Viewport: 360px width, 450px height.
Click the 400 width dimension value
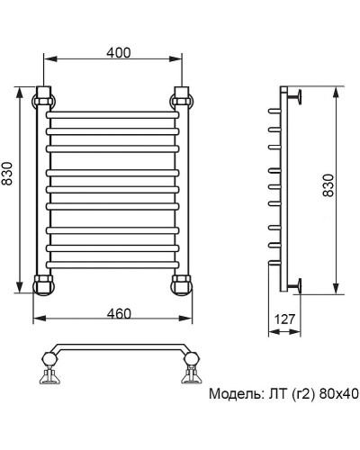(x=114, y=52)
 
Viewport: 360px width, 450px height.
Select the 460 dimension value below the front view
(x=114, y=313)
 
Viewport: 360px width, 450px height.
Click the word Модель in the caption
(x=237, y=394)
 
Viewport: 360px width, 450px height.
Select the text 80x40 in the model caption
(x=340, y=394)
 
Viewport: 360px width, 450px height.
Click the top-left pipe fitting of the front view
(x=44, y=96)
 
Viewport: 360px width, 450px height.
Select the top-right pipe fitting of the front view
(x=183, y=96)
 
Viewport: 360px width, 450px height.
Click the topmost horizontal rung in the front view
(x=113, y=118)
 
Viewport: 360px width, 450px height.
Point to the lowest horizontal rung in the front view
(x=113, y=261)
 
